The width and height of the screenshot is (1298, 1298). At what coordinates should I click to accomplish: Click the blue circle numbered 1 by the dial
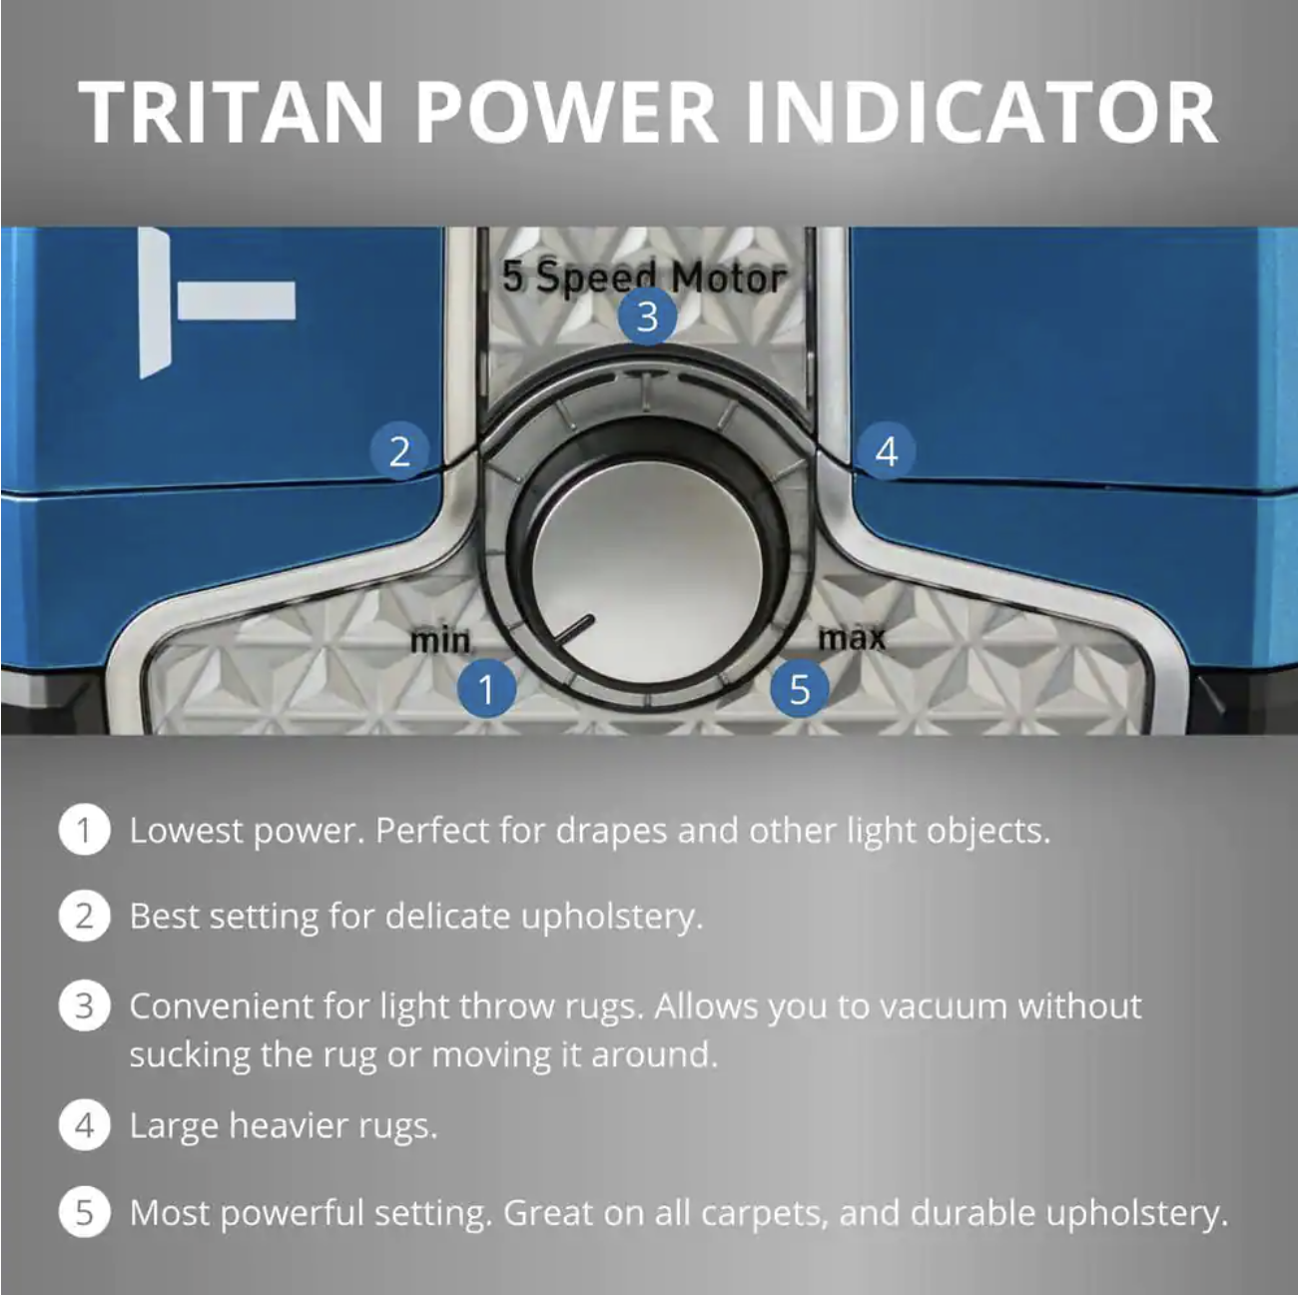pos(486,689)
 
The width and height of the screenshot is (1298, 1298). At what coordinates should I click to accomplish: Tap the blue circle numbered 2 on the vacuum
pos(399,450)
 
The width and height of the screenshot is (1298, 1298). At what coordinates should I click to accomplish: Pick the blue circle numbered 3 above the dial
pos(647,317)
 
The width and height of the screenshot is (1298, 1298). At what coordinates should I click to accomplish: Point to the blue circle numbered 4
pos(887,450)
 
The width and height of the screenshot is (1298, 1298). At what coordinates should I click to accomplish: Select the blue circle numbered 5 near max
pos(800,689)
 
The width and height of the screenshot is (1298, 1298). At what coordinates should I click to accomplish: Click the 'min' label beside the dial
pos(440,639)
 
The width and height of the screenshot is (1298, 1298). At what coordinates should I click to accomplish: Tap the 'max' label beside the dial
pos(852,638)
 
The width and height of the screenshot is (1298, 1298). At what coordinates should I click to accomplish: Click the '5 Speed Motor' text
pos(644,277)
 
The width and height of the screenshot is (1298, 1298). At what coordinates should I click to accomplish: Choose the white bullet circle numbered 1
pos(84,830)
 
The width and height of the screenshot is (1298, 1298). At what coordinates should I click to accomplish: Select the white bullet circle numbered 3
pos(84,1006)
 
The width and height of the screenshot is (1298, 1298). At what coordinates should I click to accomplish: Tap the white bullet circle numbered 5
pos(84,1212)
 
